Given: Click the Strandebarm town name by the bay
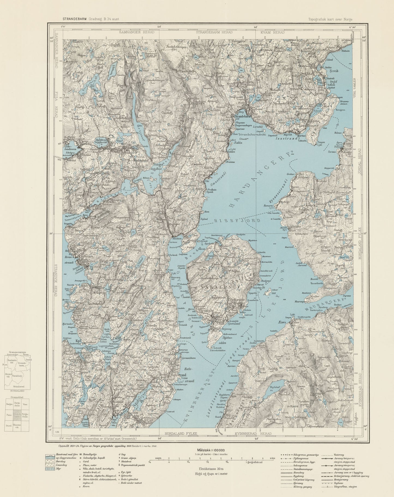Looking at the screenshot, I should pos(245,116).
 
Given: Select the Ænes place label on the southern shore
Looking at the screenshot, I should pos(281,322).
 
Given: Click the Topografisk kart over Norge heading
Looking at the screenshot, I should pos(330,19).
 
